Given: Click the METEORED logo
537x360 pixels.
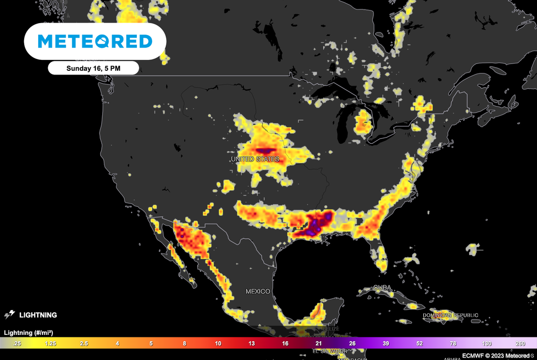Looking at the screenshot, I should [x=95, y=41].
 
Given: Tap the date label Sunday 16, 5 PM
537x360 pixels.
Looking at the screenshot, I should [x=93, y=68].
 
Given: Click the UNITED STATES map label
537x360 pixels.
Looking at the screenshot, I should [x=255, y=158].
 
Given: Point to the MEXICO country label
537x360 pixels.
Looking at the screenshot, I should [x=258, y=291].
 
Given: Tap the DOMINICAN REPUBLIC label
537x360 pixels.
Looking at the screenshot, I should [x=450, y=315].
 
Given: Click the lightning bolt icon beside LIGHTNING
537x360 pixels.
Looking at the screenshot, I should [x=9, y=315].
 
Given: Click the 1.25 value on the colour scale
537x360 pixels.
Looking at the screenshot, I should [x=51, y=343].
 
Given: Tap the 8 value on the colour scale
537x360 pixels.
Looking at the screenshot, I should [x=184, y=343].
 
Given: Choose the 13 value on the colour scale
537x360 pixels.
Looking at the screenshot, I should [x=252, y=343].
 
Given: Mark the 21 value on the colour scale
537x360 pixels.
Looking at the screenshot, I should [x=319, y=343].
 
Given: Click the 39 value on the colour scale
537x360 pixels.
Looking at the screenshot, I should [x=386, y=343].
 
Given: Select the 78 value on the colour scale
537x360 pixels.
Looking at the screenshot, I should [x=453, y=343].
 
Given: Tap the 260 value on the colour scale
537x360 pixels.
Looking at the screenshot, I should [x=520, y=343].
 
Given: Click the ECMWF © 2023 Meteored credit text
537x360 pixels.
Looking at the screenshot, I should [x=496, y=356].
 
